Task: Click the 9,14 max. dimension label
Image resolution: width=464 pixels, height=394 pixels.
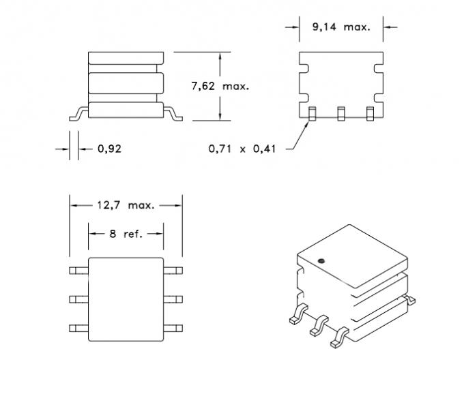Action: pos(340,27)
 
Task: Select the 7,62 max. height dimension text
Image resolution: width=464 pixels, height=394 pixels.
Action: pos(219,86)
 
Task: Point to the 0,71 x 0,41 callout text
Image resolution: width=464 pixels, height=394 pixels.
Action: pos(242,149)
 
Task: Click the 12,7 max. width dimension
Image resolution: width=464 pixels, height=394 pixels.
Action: pos(125,204)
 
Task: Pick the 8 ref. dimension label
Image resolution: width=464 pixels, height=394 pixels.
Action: pos(126,234)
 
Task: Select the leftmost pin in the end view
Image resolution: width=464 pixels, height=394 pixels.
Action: pos(311,113)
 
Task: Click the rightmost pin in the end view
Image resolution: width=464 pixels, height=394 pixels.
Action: pos(371,113)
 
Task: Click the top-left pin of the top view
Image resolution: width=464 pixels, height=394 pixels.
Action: pos(78,269)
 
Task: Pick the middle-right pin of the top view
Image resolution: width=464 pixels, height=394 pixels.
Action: pos(173,299)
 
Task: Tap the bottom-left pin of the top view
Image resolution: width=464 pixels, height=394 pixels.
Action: pos(78,328)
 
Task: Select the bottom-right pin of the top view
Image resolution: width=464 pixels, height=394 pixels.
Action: pos(173,328)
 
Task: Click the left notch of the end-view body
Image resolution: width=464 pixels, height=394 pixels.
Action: pos(304,69)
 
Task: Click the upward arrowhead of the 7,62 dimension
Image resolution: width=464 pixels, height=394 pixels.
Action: pos(219,57)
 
